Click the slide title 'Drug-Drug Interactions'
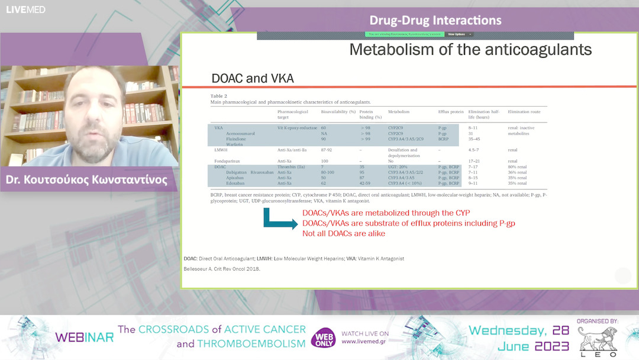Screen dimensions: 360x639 [435, 21]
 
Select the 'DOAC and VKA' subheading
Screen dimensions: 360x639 [252, 78]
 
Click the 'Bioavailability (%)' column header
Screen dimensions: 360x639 [338, 111]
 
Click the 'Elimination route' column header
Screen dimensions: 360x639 [524, 111]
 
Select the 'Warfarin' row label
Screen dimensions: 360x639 [235, 144]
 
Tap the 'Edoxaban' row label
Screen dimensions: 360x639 [236, 183]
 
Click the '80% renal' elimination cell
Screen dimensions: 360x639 [518, 167]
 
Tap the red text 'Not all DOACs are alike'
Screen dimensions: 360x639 [344, 233]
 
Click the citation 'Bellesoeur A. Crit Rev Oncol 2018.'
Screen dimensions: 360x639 [222, 269]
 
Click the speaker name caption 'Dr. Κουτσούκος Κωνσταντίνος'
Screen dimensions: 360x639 [86, 180]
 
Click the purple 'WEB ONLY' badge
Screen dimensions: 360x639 [323, 339]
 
